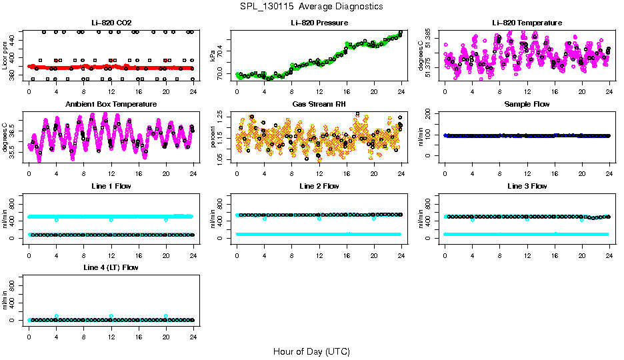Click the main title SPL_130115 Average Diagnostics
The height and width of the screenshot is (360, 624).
pyautogui.click(x=312, y=6)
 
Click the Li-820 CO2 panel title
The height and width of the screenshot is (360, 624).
pyautogui.click(x=111, y=23)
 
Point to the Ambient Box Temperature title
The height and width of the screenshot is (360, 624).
pyautogui.click(x=111, y=105)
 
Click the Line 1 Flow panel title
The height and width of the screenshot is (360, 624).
pyautogui.click(x=111, y=186)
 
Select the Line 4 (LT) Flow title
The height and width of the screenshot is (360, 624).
pyautogui.click(x=111, y=267)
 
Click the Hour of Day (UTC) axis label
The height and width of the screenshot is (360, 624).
pyautogui.click(x=311, y=351)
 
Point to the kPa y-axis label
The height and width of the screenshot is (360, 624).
pyautogui.click(x=213, y=55)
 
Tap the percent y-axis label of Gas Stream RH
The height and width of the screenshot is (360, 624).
pyautogui.click(x=213, y=137)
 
